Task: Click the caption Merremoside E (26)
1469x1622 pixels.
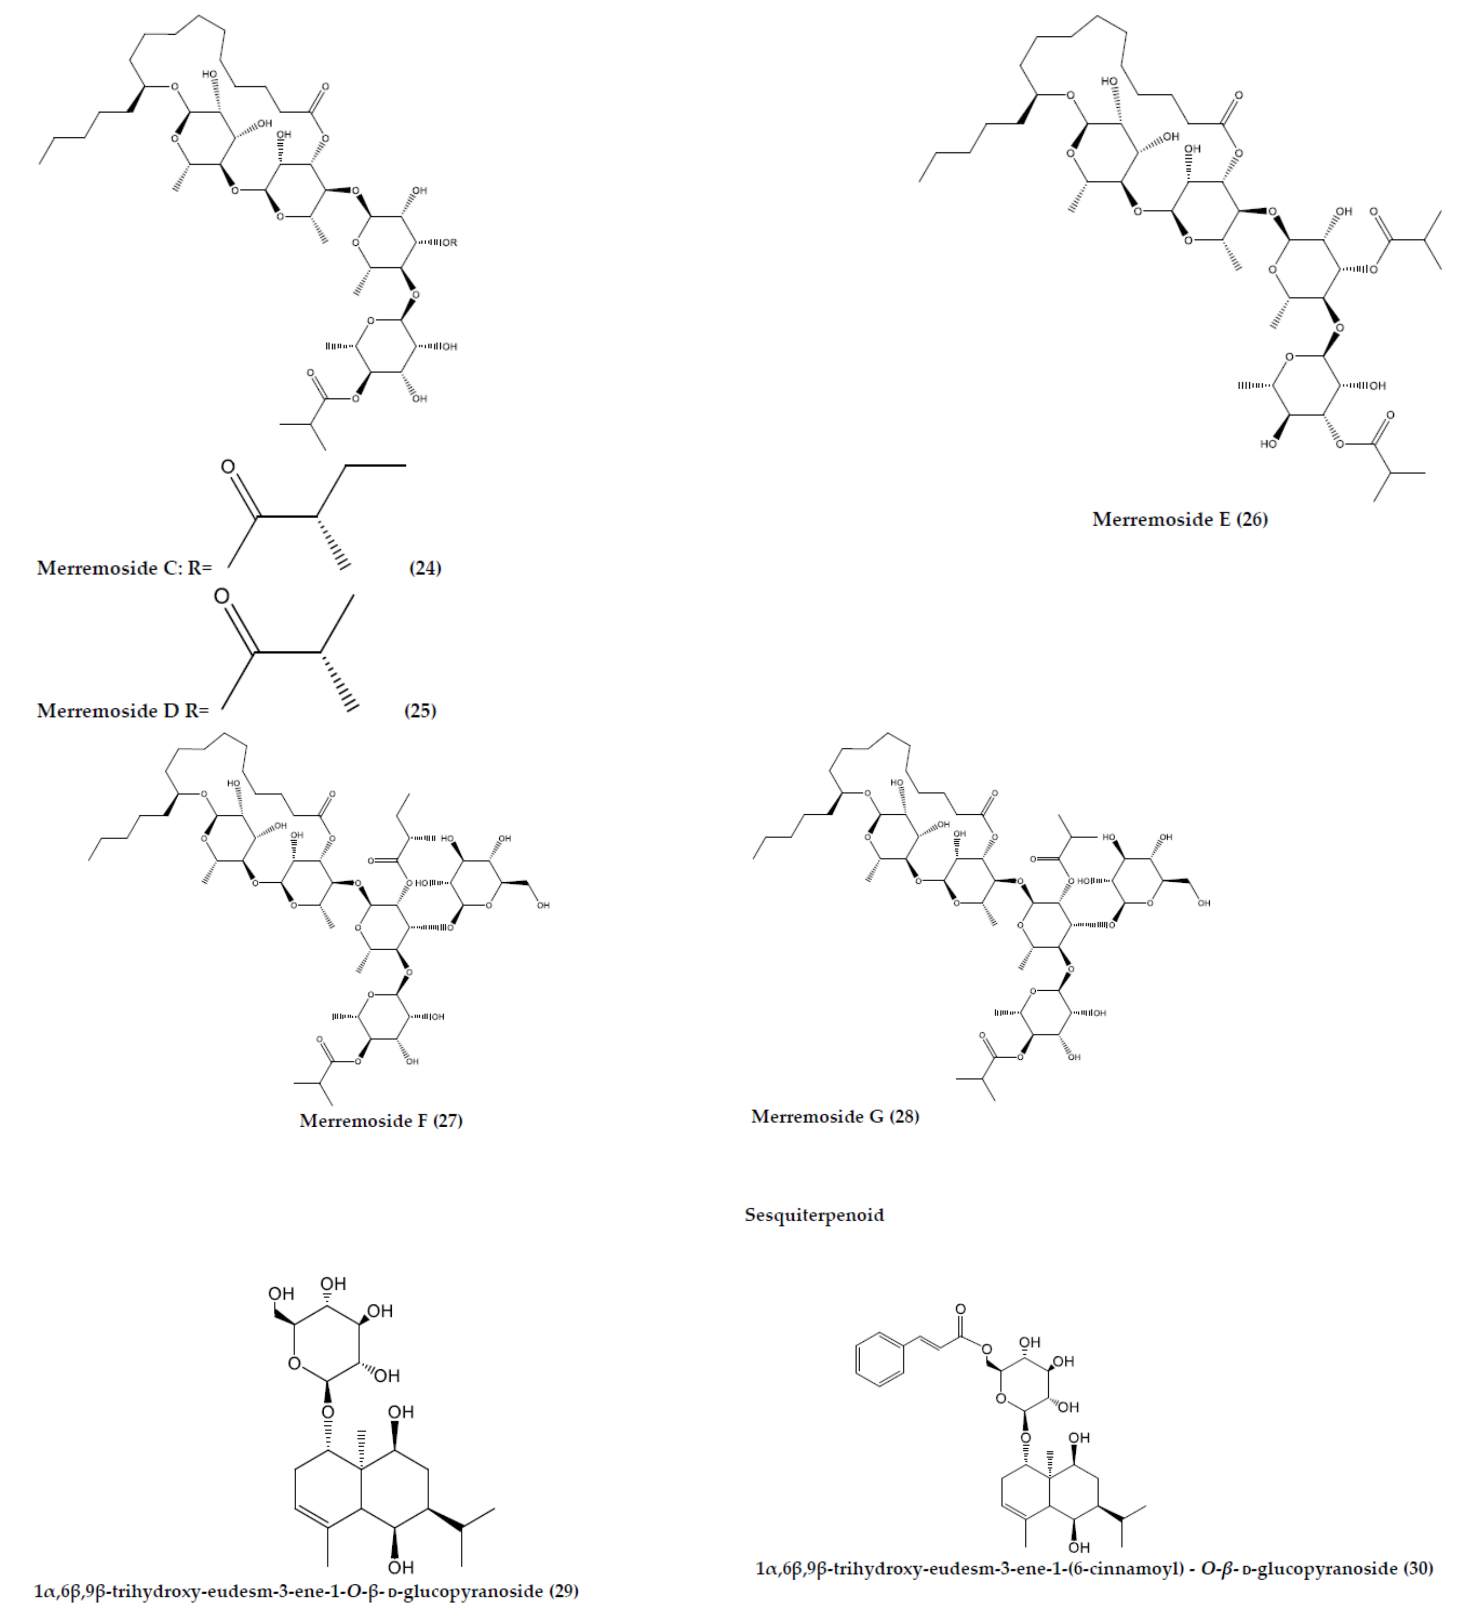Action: pyautogui.click(x=1179, y=519)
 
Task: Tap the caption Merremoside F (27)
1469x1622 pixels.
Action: pyautogui.click(x=380, y=1121)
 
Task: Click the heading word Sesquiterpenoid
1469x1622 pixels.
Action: pyautogui.click(x=814, y=1215)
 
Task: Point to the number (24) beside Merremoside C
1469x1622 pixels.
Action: pyautogui.click(x=425, y=568)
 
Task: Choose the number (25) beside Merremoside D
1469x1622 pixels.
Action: pyautogui.click(x=420, y=710)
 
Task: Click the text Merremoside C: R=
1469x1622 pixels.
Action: pyautogui.click(x=124, y=568)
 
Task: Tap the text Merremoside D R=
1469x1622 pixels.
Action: pyautogui.click(x=122, y=710)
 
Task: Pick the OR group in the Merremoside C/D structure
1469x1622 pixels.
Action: pyautogui.click(x=449, y=242)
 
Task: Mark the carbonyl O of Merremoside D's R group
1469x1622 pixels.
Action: pyautogui.click(x=221, y=596)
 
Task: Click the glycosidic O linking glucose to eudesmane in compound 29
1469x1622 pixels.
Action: pyautogui.click(x=327, y=1412)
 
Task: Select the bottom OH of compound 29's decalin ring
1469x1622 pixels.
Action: pyautogui.click(x=400, y=1567)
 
